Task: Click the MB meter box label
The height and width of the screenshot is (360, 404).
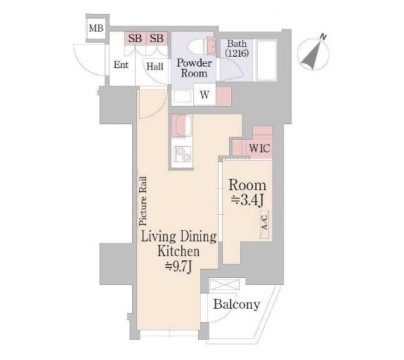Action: [x=96, y=28]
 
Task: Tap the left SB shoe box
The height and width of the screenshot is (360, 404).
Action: [x=136, y=39]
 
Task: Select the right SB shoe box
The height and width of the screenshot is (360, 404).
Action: [x=157, y=39]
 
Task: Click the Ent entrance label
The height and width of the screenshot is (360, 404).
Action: [x=121, y=65]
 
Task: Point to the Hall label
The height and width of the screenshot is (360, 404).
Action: [x=155, y=67]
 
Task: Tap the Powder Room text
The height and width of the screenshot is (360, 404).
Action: [x=194, y=68]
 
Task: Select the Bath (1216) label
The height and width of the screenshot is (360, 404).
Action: [x=237, y=48]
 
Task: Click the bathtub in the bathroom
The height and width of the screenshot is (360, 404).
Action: [x=267, y=60]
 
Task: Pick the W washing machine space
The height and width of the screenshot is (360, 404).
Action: [x=204, y=95]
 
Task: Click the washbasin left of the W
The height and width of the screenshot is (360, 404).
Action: [x=183, y=97]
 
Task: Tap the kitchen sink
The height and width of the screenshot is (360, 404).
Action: [x=182, y=126]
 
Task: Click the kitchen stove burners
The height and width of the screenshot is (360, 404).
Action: [x=182, y=154]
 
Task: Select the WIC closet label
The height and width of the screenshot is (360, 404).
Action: [x=259, y=149]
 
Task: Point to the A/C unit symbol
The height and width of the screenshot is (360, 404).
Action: [x=265, y=224]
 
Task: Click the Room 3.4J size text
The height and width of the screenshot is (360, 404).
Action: [x=247, y=201]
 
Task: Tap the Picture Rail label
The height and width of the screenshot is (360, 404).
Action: [x=143, y=201]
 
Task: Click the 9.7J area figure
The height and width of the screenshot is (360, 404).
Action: [x=178, y=268]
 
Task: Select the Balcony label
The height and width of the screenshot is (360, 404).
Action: [x=237, y=305]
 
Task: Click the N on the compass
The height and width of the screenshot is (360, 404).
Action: [x=322, y=36]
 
